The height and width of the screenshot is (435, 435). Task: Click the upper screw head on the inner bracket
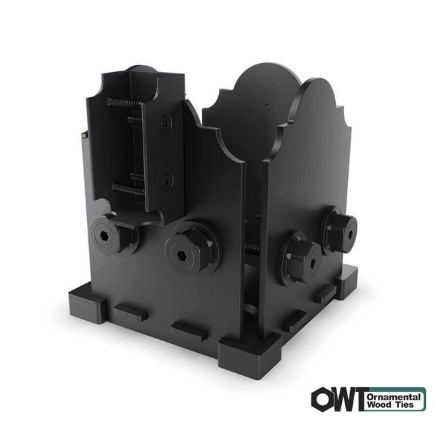point(166,124)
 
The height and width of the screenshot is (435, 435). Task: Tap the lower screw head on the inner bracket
point(167,180)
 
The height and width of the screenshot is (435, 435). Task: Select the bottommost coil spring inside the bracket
point(127,190)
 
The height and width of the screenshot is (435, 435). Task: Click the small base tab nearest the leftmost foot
point(129,313)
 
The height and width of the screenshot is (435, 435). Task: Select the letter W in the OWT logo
point(342,399)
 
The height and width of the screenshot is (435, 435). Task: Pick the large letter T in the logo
point(358,399)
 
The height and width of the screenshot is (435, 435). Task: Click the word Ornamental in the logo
point(394,394)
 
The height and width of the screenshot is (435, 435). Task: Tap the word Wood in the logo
point(379,404)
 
